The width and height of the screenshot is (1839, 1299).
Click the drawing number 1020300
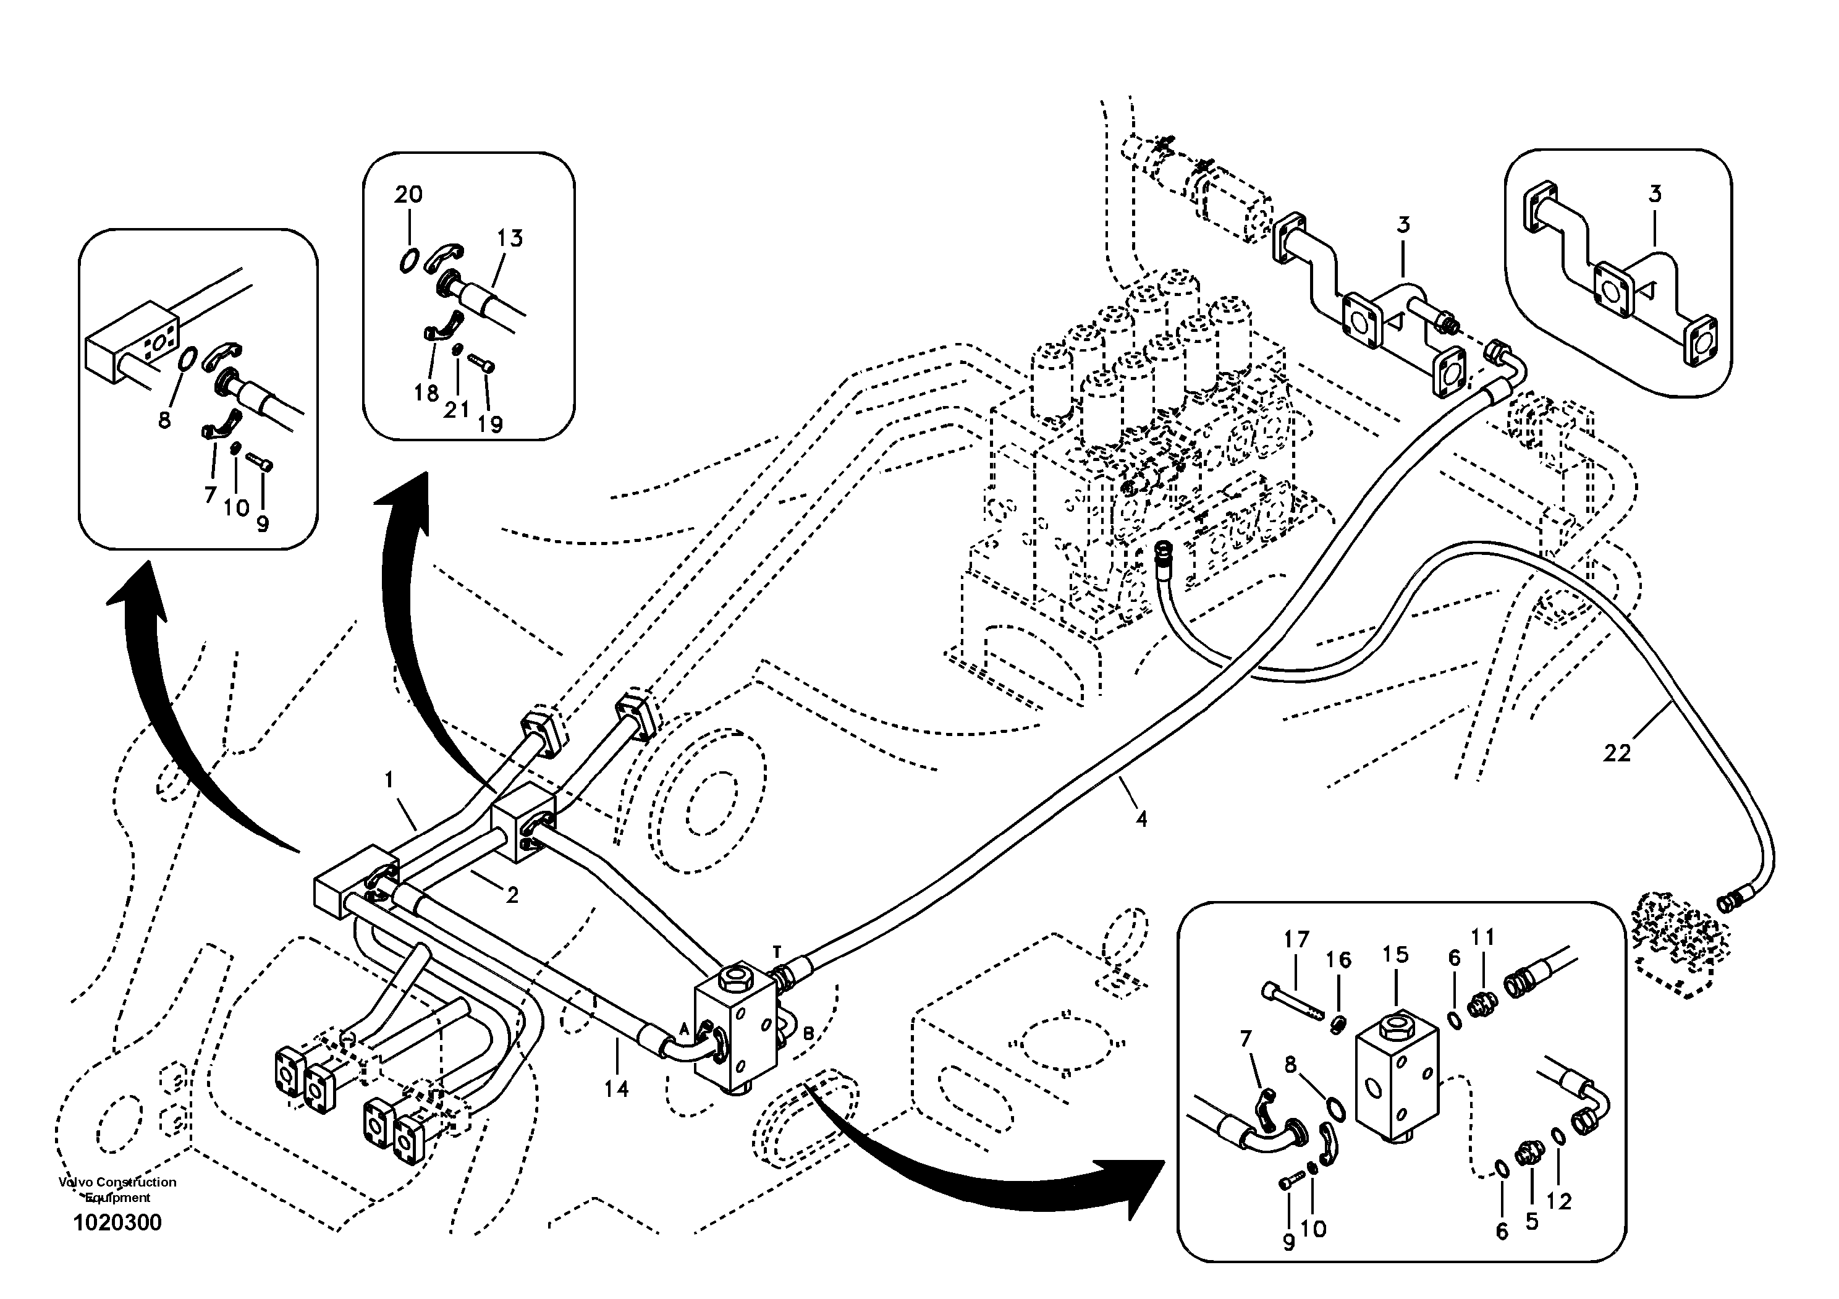pos(118,1223)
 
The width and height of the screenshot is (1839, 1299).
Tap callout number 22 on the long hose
pos(1617,753)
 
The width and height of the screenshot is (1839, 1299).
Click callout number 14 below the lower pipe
pos(617,1088)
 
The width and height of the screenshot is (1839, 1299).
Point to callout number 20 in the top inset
pos(408,195)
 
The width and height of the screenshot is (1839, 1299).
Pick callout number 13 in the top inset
pos(509,238)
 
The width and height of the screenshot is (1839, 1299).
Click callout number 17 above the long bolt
pos(1296,939)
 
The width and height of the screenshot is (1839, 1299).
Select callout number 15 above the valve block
pos(1395,955)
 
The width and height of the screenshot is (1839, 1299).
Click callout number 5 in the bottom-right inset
pos(1531,1221)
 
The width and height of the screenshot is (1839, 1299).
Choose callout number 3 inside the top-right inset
pos(1655,194)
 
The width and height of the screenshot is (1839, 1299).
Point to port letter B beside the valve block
pos(808,1034)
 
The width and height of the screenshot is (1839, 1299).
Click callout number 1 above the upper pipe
pos(389,779)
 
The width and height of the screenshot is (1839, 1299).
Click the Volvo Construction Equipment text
pos(118,1189)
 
